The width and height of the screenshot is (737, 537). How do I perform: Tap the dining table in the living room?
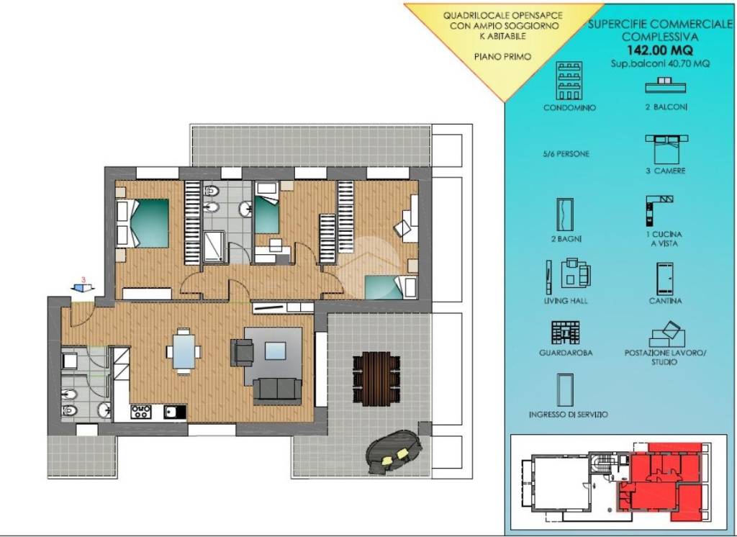184,351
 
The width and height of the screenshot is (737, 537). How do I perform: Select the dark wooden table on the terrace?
376,378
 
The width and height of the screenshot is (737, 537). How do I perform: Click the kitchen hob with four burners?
141,412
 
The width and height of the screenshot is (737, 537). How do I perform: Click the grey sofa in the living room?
277,389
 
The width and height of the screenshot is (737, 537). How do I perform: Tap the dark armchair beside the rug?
243,353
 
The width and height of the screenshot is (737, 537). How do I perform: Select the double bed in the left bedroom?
143,223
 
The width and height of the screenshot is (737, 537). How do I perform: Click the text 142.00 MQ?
660,50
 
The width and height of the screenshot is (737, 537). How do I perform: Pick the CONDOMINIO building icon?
569,81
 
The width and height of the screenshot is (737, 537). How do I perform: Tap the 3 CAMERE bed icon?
666,149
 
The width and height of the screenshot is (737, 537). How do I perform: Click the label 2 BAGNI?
566,239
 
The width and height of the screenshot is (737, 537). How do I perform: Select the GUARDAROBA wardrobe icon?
566,333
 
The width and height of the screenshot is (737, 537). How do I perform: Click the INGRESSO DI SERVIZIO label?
569,415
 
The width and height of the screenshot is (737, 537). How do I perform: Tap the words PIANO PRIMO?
502,57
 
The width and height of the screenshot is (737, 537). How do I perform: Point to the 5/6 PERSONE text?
566,154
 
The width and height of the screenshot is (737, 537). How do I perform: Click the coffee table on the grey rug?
275,351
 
